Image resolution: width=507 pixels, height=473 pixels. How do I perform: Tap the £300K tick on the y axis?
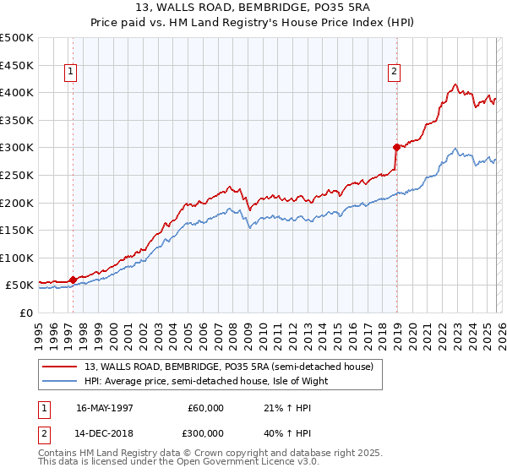tap(17, 147)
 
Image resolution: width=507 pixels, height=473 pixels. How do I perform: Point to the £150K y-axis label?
tap(17, 230)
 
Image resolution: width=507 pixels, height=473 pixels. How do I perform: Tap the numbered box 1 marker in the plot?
tap(69, 73)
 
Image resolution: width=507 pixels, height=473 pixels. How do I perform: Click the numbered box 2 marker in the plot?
tap(394, 73)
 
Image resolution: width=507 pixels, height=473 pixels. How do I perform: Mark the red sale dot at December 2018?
tap(395, 147)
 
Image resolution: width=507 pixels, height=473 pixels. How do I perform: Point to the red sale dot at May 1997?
tap(74, 280)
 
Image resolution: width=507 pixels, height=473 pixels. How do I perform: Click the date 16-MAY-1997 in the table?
tap(105, 408)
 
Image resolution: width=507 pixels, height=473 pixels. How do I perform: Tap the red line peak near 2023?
tap(455, 84)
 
